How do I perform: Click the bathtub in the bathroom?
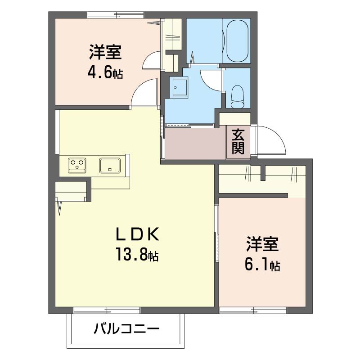238,41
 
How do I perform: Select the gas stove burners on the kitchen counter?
77,165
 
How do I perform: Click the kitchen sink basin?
109,165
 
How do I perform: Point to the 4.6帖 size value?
106,72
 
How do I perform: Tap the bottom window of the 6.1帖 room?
253,310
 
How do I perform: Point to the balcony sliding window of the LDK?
107,310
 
